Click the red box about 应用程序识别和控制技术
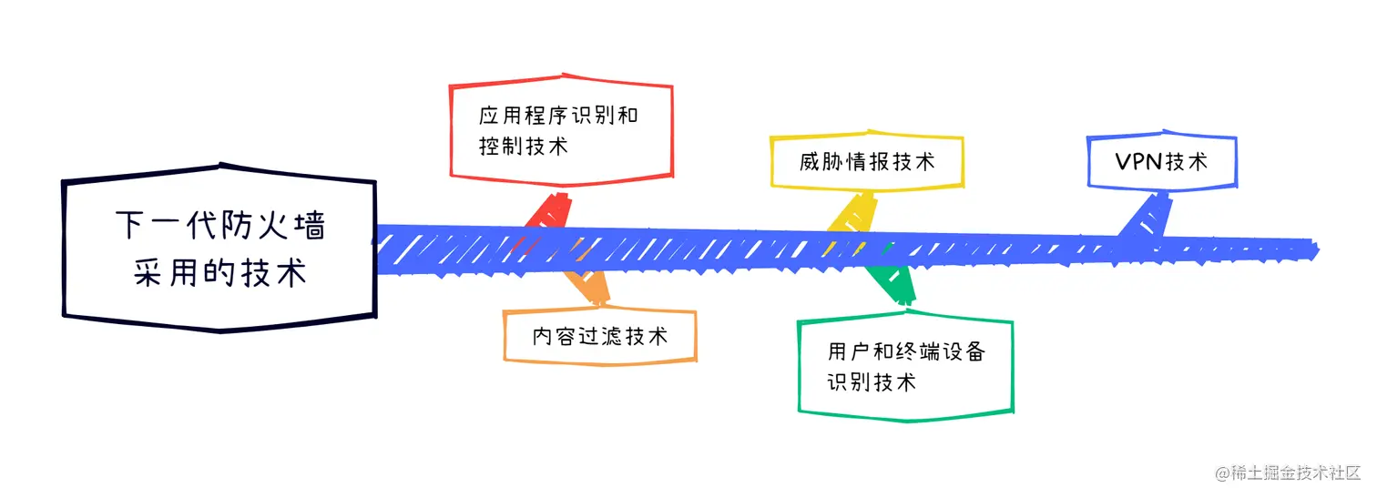[x=561, y=130]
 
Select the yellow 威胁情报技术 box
[x=866, y=162]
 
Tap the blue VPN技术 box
[x=1161, y=162]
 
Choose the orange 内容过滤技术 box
[x=600, y=336]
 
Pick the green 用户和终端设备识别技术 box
[x=906, y=367]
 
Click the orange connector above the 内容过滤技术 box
[x=588, y=285]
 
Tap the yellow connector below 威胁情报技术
[x=853, y=217]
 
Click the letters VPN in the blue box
[x=1138, y=162]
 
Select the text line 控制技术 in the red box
[x=523, y=146]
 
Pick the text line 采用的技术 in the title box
[x=219, y=272]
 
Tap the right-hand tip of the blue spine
[x=1316, y=247]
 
